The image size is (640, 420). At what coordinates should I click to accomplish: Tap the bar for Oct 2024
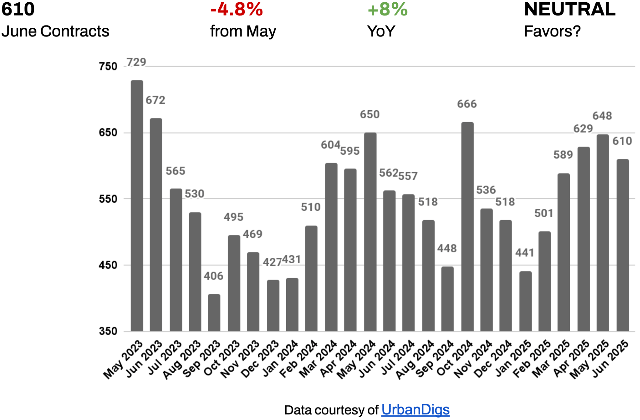coord(467,227)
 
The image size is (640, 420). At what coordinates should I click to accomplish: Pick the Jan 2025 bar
coord(525,301)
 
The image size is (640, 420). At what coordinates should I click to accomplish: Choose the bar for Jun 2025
coord(623,245)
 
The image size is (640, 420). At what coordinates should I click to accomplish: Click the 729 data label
coord(136,62)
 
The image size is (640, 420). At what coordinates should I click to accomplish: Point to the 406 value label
coord(214,276)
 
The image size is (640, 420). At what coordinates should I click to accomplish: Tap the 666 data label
coord(467,104)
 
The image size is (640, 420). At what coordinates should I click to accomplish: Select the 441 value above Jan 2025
coord(525,253)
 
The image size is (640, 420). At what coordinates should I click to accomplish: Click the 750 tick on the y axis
coord(108,66)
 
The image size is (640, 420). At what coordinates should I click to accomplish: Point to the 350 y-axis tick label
coord(108,331)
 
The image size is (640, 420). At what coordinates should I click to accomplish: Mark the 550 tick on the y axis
coord(108,199)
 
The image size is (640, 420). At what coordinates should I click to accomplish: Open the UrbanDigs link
coord(415,410)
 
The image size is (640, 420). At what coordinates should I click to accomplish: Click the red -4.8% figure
coord(236,9)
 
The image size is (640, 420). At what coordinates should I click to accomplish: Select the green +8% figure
coord(387,9)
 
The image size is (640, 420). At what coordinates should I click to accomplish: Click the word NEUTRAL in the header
coord(569,9)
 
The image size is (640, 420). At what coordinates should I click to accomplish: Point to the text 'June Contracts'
coord(55,31)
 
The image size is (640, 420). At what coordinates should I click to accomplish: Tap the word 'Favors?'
coord(552,31)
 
